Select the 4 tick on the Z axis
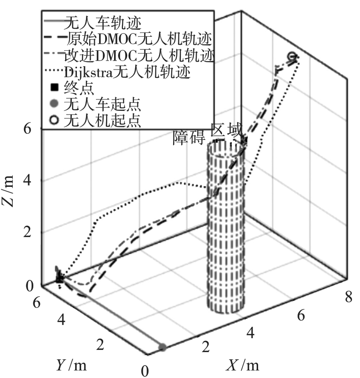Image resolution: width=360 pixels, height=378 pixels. point(29,181)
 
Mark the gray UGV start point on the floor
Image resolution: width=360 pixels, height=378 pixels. point(162,347)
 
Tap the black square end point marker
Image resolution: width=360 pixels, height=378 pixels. point(60,279)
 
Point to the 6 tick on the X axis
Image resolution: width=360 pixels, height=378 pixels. point(301,316)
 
